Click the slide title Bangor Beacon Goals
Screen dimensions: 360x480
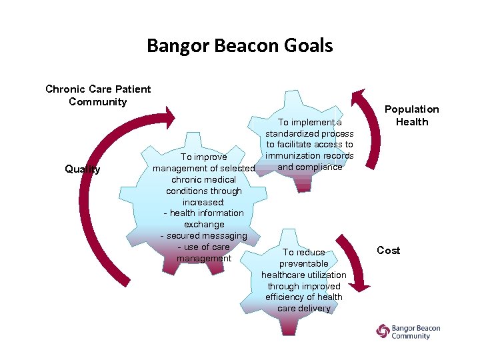(239, 45)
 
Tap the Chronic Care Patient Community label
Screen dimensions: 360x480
(98, 95)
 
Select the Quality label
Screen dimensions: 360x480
(83, 169)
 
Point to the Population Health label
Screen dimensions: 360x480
(412, 115)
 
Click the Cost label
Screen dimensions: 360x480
(388, 250)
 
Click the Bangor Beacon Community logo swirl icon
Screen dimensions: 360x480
(383, 331)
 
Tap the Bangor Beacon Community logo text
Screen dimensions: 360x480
(416, 332)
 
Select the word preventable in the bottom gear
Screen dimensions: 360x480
(304, 263)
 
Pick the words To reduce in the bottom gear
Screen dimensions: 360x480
(304, 252)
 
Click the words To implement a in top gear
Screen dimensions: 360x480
(309, 122)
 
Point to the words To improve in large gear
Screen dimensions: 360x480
(203, 157)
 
